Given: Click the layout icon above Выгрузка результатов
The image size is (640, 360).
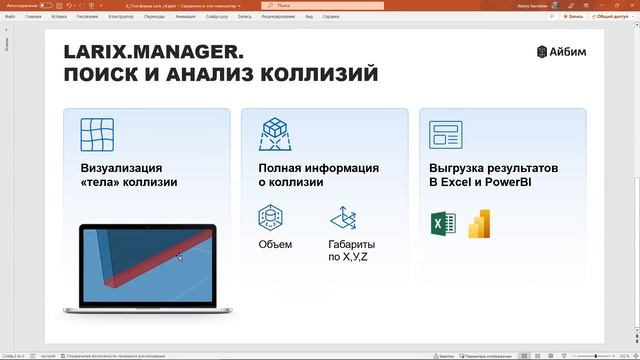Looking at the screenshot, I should (x=445, y=134).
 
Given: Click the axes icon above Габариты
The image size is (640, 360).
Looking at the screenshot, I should (x=344, y=217).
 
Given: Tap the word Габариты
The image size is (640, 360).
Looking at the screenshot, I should (x=352, y=244).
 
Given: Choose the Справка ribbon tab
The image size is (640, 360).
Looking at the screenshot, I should (x=332, y=17).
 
